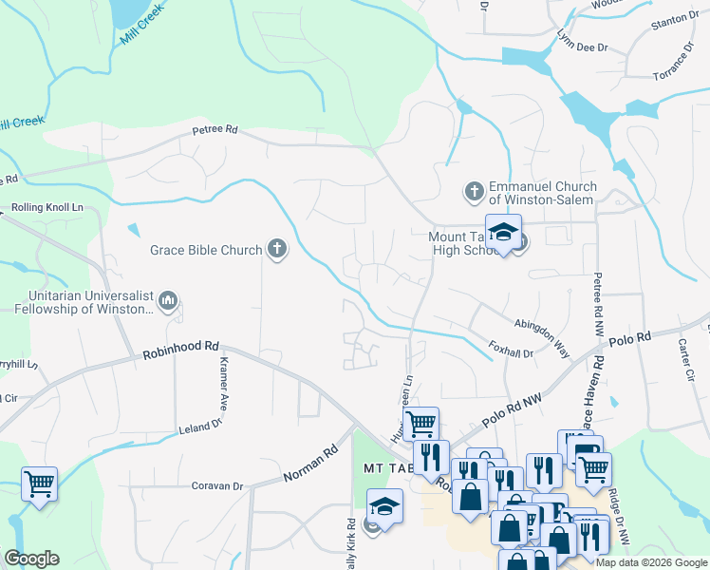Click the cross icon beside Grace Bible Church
click(x=277, y=251)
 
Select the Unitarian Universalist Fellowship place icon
click(x=169, y=301)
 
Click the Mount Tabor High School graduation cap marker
click(x=504, y=233)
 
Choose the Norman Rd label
click(x=310, y=465)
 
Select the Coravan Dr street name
click(x=216, y=485)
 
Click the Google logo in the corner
click(x=31, y=559)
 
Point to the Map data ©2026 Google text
click(x=651, y=561)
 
